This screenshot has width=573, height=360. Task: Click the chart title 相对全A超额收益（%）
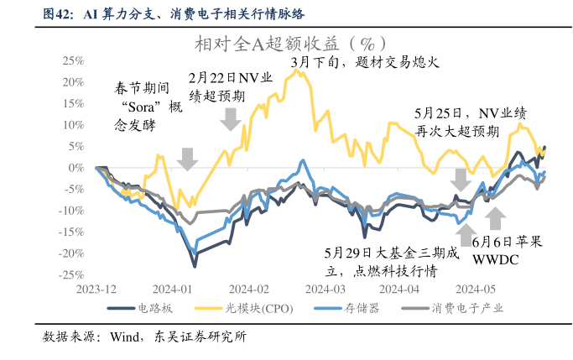[289, 43]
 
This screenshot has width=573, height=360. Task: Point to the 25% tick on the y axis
[71, 61]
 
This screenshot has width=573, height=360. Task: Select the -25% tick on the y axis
[70, 274]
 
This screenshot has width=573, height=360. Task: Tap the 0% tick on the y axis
[76, 168]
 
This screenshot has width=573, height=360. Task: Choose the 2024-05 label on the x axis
[476, 288]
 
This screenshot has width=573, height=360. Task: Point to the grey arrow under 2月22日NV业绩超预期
[229, 120]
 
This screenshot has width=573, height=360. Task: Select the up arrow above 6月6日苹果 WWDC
[496, 218]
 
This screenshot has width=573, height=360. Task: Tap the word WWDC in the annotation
[497, 258]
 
